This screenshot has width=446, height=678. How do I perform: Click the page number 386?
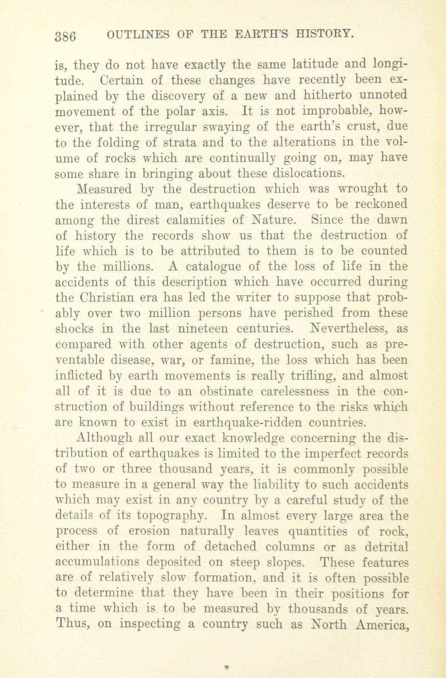point(66,36)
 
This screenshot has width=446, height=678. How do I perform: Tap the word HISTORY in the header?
point(324,34)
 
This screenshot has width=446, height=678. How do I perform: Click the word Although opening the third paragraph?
point(105,438)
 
